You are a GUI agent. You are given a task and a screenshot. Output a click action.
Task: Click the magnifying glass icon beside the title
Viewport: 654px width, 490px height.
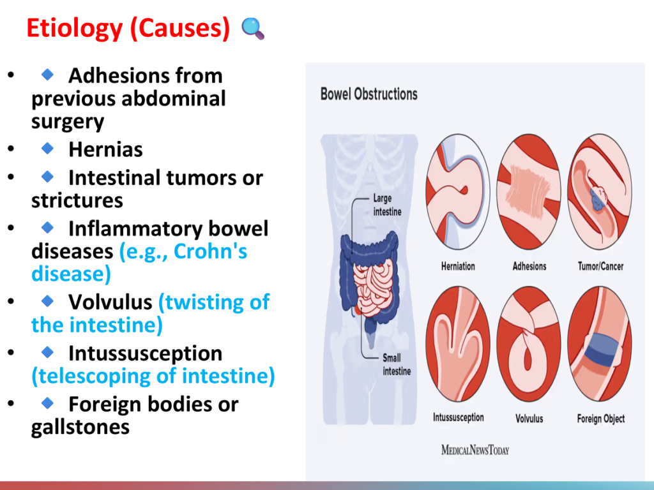point(253,28)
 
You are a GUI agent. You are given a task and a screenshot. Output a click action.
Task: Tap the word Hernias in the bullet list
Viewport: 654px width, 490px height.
point(105,149)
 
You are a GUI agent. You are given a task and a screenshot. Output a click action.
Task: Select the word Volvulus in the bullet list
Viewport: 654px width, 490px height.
point(110,302)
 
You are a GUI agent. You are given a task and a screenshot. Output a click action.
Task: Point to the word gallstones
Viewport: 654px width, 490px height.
point(80,427)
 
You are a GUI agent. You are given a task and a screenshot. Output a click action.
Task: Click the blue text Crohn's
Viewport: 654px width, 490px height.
point(210,251)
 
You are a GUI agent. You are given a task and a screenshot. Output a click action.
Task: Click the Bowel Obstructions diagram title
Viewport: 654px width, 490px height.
point(369,94)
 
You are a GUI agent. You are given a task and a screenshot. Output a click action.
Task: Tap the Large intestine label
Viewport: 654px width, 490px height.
point(388,205)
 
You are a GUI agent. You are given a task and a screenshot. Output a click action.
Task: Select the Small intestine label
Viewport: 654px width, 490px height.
point(397,364)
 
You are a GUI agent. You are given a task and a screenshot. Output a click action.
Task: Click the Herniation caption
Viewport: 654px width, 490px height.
point(458,266)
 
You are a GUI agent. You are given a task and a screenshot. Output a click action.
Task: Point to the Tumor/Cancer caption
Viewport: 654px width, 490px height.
point(600,266)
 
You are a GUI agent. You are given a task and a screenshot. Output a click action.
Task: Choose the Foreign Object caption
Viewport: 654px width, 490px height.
point(600,419)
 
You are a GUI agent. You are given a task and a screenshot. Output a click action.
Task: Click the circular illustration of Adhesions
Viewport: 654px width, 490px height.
point(529,191)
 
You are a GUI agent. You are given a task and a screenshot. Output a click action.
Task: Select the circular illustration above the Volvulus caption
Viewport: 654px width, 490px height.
point(529,344)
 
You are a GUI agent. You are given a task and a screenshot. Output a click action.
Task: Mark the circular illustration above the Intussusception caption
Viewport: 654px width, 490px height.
point(458,344)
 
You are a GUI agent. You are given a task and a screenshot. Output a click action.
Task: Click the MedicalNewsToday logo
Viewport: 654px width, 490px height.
point(475,450)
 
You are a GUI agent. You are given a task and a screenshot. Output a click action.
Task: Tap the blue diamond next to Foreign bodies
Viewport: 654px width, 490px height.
point(47,403)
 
